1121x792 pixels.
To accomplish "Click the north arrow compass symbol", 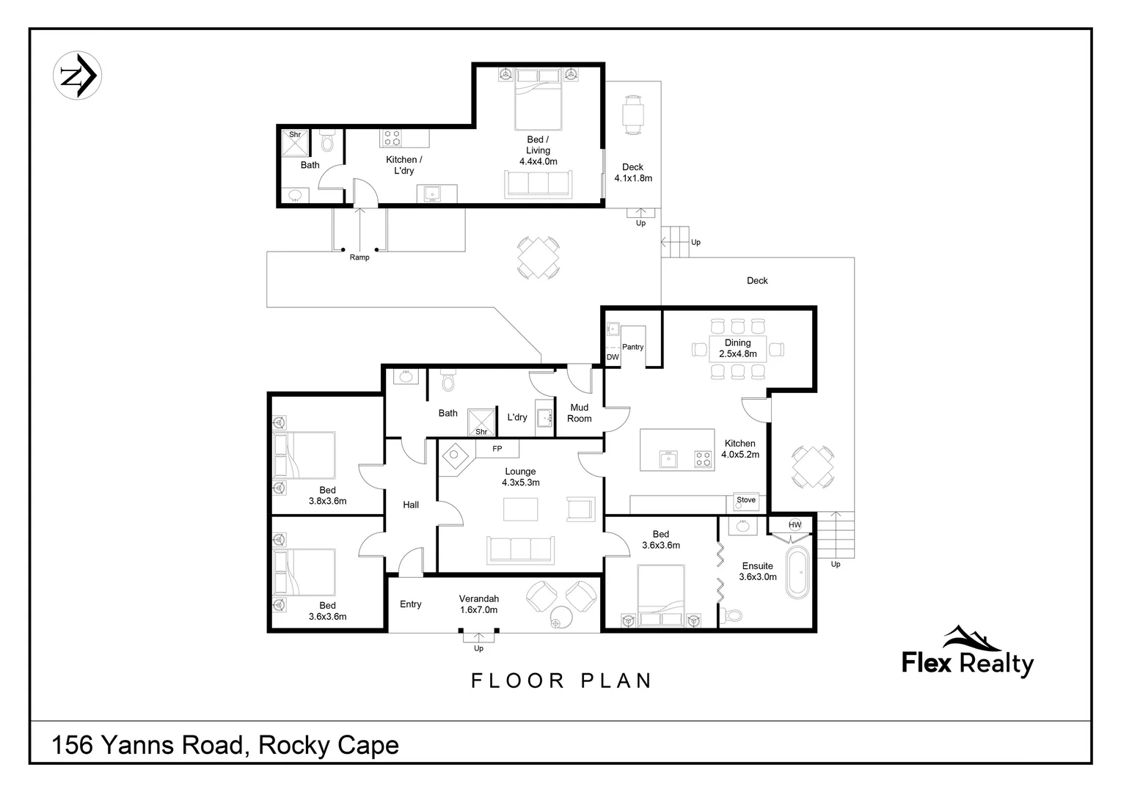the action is click(77, 76).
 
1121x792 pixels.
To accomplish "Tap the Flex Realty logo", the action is click(967, 653).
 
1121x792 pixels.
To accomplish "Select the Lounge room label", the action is click(520, 477).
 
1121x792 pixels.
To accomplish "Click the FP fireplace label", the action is click(497, 449).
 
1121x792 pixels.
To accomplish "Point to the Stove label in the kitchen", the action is click(746, 500).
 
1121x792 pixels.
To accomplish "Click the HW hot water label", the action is click(795, 525).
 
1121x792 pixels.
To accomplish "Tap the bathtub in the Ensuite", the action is click(796, 573).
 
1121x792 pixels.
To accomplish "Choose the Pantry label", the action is click(632, 347).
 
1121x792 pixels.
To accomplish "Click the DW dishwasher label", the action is click(613, 357).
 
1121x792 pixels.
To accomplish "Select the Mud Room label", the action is click(579, 413).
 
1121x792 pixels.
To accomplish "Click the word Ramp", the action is click(359, 257).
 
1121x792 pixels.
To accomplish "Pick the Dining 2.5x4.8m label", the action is click(737, 348).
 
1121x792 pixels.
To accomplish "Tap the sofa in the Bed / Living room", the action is click(538, 183).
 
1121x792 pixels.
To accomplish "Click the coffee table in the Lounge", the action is click(520, 509).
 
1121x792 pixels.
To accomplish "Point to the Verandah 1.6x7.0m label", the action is click(478, 604).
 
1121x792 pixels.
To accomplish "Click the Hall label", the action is click(411, 505).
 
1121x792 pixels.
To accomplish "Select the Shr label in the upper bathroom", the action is click(295, 135).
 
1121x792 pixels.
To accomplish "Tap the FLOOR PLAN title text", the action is click(561, 681).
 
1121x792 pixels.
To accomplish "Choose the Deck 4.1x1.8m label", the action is click(632, 172).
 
